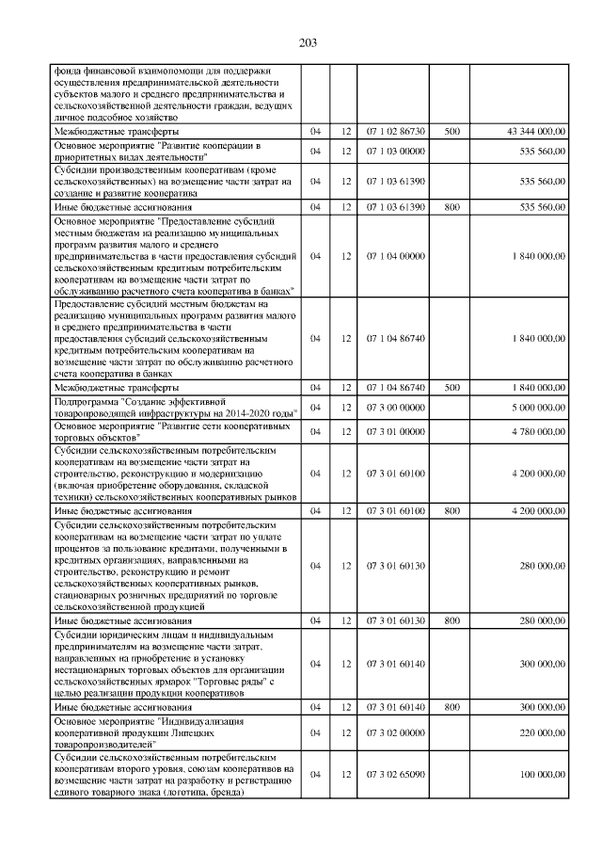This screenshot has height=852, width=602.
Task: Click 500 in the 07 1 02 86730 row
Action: tap(451, 133)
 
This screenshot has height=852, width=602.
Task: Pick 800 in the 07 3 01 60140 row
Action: tap(451, 706)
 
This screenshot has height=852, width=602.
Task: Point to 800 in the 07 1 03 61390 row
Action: tap(451, 205)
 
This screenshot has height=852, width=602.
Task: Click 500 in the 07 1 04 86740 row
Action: tap(451, 387)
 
